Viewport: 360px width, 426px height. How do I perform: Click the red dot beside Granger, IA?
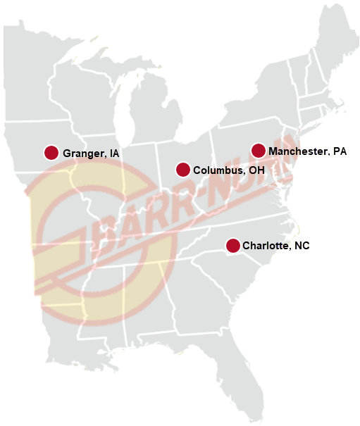point(51,153)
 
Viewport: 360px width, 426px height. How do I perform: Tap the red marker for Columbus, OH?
point(182,170)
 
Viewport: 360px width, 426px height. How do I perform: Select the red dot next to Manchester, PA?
point(259,151)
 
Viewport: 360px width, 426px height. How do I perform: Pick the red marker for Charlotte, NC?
point(232,245)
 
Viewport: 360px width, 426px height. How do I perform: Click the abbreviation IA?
point(114,154)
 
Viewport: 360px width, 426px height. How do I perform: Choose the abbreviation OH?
point(256,170)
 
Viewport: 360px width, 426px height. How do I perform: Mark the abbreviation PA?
point(340,151)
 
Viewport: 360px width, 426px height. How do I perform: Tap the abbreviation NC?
point(302,246)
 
